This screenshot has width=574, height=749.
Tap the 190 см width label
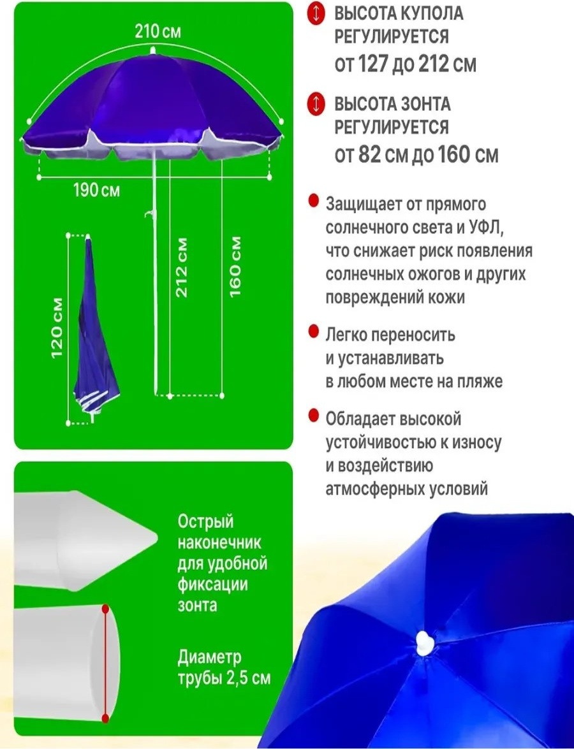[x=96, y=190]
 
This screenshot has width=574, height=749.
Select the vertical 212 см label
[x=182, y=268]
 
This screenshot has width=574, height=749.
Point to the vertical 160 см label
[x=235, y=266]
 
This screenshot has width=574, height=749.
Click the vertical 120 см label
[x=57, y=328]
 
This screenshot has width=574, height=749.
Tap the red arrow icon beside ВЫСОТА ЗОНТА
[x=315, y=105]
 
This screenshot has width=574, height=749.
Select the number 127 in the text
[x=372, y=63]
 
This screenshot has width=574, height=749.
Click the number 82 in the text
[x=367, y=154]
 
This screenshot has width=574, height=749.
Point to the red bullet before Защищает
[x=314, y=201]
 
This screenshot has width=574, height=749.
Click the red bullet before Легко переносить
[x=314, y=331]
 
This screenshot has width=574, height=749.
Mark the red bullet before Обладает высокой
[x=314, y=416]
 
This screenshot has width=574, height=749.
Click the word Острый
[x=205, y=521]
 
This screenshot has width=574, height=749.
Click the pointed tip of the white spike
[x=157, y=539]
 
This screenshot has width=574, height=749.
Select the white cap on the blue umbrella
[x=424, y=643]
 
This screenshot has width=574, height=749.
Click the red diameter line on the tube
[x=106, y=664]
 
